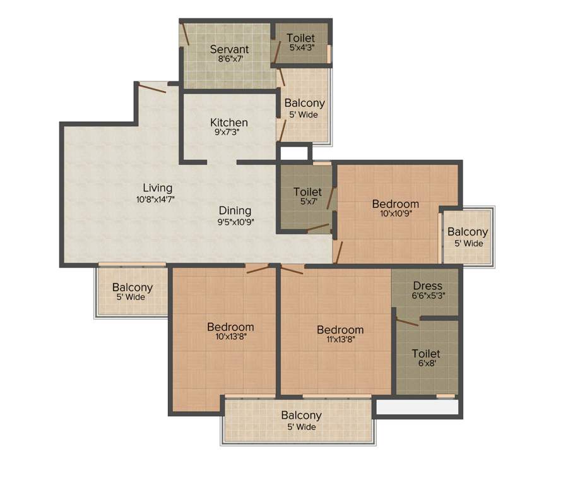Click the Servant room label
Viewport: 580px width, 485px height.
tap(229, 49)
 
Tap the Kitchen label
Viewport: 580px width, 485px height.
tap(229, 123)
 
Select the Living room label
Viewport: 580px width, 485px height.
tap(157, 188)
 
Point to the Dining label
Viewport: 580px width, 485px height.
tap(235, 211)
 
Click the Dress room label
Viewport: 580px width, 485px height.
tap(427, 286)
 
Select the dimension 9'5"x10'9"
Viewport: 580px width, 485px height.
tap(235, 222)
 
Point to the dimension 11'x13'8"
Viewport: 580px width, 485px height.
tap(340, 341)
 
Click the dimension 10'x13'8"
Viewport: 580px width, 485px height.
tap(230, 338)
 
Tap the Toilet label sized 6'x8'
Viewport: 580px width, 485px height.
tap(426, 354)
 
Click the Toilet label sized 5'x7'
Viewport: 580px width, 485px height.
tap(307, 192)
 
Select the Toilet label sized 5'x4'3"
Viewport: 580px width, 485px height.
tap(300, 38)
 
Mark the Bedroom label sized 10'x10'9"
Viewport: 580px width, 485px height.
tap(395, 204)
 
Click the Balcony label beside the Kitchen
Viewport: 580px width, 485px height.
tap(304, 103)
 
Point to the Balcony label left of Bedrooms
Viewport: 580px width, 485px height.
tap(133, 287)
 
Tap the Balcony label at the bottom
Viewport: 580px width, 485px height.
tap(301, 416)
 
